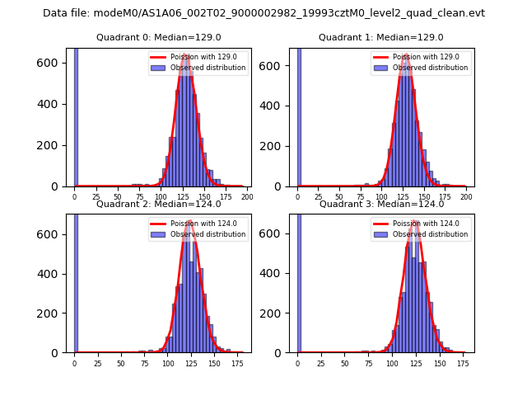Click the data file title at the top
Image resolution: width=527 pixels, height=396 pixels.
tap(263, 13)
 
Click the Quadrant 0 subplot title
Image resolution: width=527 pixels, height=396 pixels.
tap(158, 38)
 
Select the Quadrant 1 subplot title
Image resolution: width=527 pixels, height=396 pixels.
tap(380, 38)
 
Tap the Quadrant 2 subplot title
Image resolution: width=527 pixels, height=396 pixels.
tap(158, 204)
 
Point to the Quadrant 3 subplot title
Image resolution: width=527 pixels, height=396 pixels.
tap(380, 204)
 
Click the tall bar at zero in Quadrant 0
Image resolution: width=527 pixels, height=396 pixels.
tap(76, 115)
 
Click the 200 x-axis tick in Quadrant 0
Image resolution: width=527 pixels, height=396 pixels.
tap(247, 198)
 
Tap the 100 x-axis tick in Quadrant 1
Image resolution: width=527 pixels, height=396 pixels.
tap(381, 198)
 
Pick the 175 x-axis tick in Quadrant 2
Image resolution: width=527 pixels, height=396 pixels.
tap(238, 363)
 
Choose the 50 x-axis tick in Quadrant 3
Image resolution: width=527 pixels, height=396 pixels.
tap(344, 363)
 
